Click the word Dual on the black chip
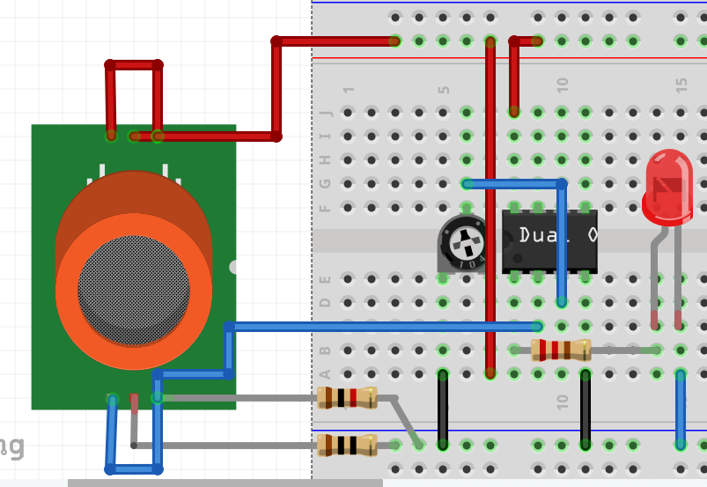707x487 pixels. coord(537,235)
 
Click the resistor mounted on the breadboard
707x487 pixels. coord(561,350)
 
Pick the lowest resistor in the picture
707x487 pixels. coord(347,445)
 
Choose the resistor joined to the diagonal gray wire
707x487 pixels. coord(347,398)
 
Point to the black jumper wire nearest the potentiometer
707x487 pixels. coord(443,410)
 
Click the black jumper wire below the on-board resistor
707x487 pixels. coord(585,410)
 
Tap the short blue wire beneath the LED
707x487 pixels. coord(681,410)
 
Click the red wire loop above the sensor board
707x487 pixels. coord(134,65)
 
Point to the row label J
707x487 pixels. coord(326,113)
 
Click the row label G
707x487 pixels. coord(326,183)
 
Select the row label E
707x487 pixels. coord(326,278)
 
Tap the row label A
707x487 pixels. coord(326,373)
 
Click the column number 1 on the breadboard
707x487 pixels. coord(349,90)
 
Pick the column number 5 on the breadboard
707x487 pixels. coord(444,90)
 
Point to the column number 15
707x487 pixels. coord(681,85)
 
